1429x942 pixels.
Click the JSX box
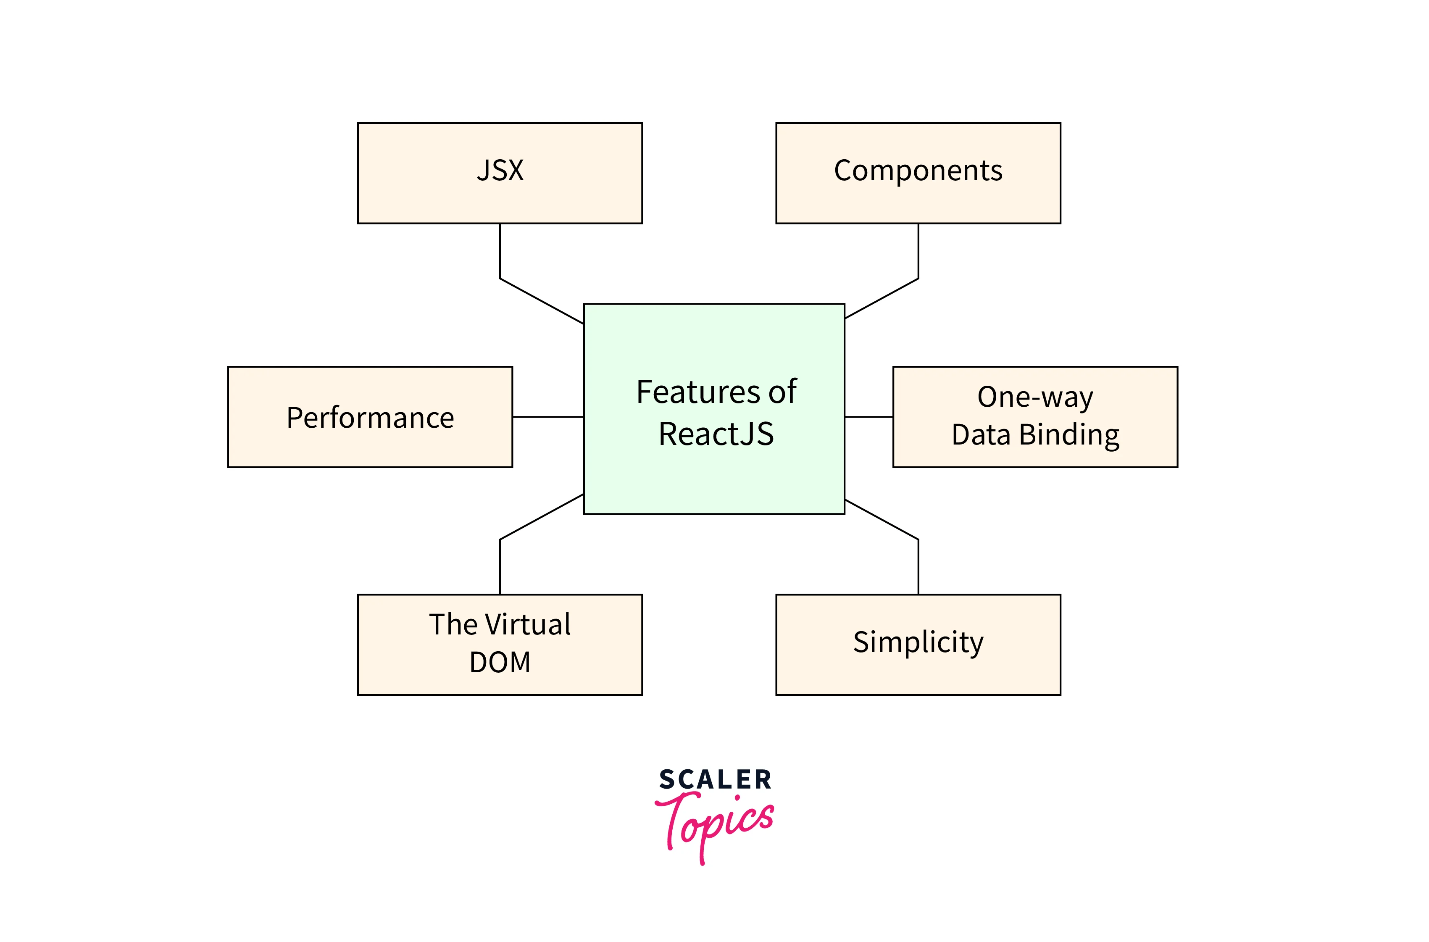click(x=500, y=173)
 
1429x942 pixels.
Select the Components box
click(x=918, y=173)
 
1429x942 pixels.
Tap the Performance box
click(x=370, y=417)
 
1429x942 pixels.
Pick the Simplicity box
click(x=918, y=645)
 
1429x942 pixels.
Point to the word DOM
click(x=500, y=663)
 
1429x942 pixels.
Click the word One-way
click(x=1035, y=397)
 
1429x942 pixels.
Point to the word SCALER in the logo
click(x=715, y=780)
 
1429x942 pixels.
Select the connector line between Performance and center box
click(x=548, y=416)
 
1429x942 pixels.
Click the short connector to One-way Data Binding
click(x=868, y=416)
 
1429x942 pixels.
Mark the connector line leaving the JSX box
click(x=500, y=253)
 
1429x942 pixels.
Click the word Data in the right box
click(x=981, y=435)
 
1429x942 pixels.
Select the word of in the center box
click(x=782, y=392)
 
